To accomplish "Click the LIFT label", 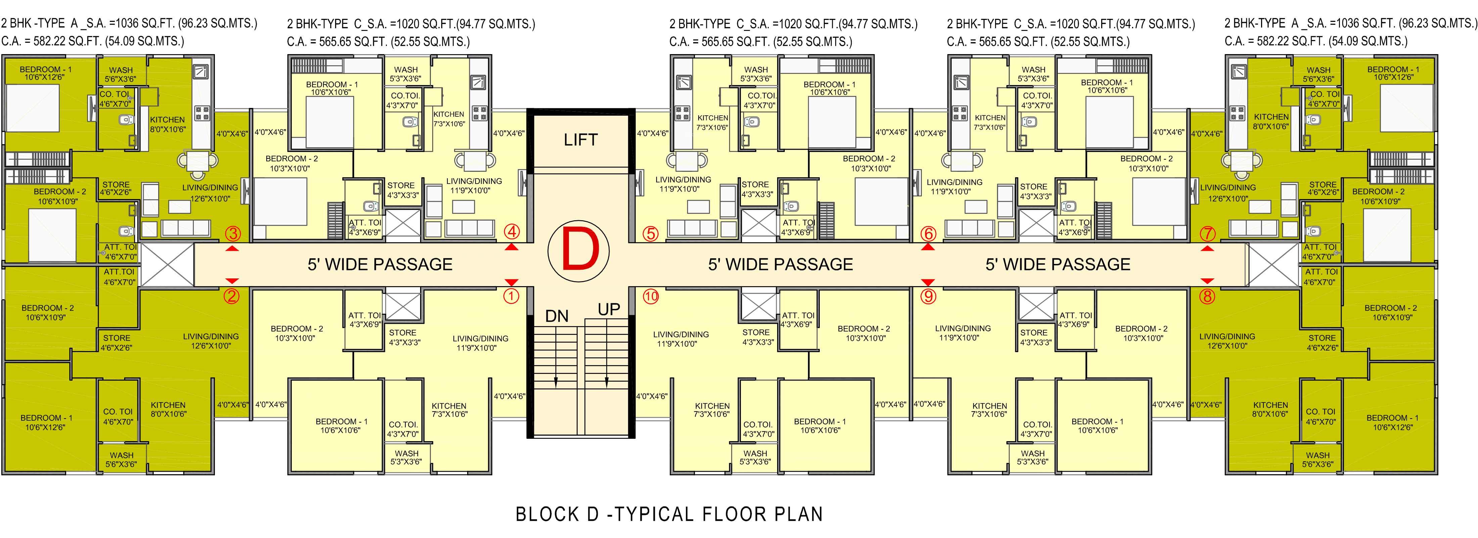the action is (x=581, y=140).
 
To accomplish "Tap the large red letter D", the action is (x=580, y=251).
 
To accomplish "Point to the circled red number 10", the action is (x=651, y=296).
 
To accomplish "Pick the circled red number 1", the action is (x=511, y=296).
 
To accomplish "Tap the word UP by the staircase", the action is (x=609, y=309).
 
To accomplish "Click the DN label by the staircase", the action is (x=556, y=316).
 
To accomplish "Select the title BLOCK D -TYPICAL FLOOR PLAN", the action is (x=669, y=514).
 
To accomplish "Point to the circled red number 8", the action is (x=1208, y=296).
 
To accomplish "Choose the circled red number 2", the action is (x=232, y=296).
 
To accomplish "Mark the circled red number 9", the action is (x=928, y=296).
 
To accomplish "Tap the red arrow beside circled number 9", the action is (x=928, y=282).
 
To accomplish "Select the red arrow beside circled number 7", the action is (x=1207, y=248).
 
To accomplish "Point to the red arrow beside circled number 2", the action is (x=232, y=281).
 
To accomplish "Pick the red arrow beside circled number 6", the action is (x=928, y=247).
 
